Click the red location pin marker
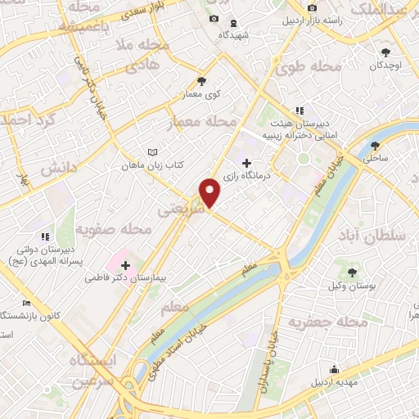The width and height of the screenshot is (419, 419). pyautogui.click(x=210, y=192)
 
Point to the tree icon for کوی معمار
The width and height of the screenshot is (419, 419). pyautogui.click(x=201, y=81)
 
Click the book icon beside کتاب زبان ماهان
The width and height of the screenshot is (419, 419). pyautogui.click(x=151, y=152)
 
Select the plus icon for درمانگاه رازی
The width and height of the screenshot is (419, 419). pyautogui.click(x=247, y=163)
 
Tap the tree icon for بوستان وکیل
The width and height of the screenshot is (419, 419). pyautogui.click(x=353, y=272)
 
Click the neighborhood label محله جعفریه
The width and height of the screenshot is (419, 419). pyautogui.click(x=355, y=324)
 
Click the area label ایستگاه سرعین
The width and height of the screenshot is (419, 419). pyautogui.click(x=93, y=370)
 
